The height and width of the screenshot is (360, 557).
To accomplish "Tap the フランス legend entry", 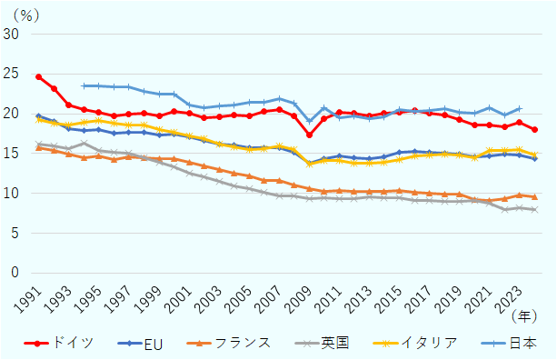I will click(x=230, y=343).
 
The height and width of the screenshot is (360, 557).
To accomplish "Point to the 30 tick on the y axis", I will click(x=12, y=34).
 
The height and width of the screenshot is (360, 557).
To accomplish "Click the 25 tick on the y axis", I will click(x=12, y=74).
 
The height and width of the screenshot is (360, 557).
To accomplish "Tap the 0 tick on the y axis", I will click(x=15, y=273).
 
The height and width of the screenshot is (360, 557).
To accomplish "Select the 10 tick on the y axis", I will click(x=12, y=193).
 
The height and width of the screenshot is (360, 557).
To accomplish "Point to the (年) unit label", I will click(x=523, y=315).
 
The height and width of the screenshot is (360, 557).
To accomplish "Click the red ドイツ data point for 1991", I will click(x=38, y=77).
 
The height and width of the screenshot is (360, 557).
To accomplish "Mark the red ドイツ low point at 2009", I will click(x=309, y=135).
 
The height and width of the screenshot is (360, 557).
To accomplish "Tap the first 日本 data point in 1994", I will click(x=84, y=85).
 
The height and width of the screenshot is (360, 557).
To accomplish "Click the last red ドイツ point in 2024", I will click(x=534, y=130).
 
